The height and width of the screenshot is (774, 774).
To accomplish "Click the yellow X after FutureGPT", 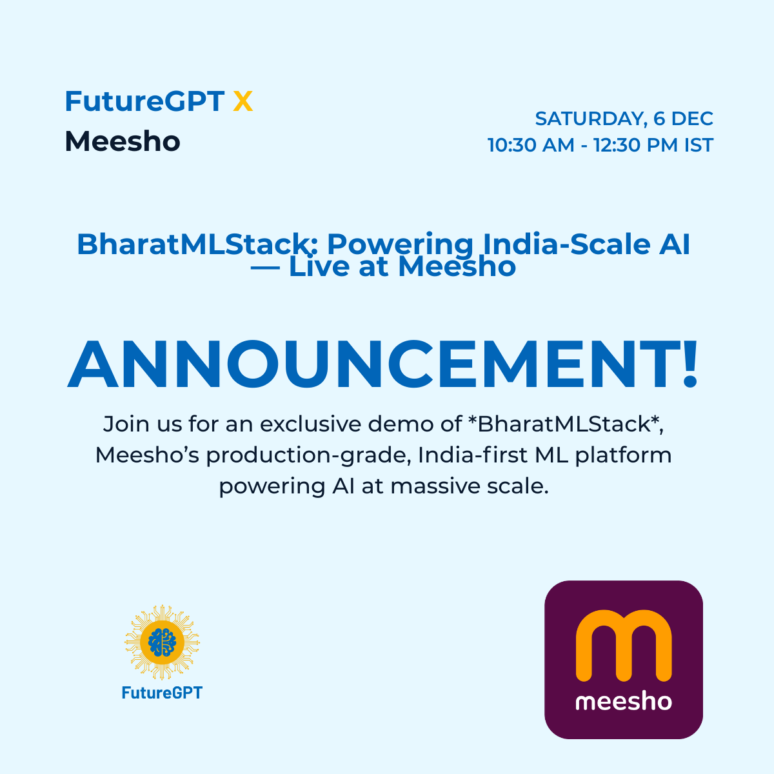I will pos(243,102).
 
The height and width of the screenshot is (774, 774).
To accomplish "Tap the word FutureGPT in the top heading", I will pos(144,102).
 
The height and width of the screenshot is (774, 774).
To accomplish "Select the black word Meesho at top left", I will pos(123,142).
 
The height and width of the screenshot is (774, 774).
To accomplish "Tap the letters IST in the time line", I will pos(699,145).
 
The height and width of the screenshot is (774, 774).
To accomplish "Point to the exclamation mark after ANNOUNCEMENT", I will pos(690,365).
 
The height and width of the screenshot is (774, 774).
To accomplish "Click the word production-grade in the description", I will pos(308,455).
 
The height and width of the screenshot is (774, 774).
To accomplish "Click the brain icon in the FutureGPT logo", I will pos(162,642).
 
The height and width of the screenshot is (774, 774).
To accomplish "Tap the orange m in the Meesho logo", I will pos(624,646).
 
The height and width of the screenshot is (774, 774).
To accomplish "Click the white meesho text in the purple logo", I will pos(624,701).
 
